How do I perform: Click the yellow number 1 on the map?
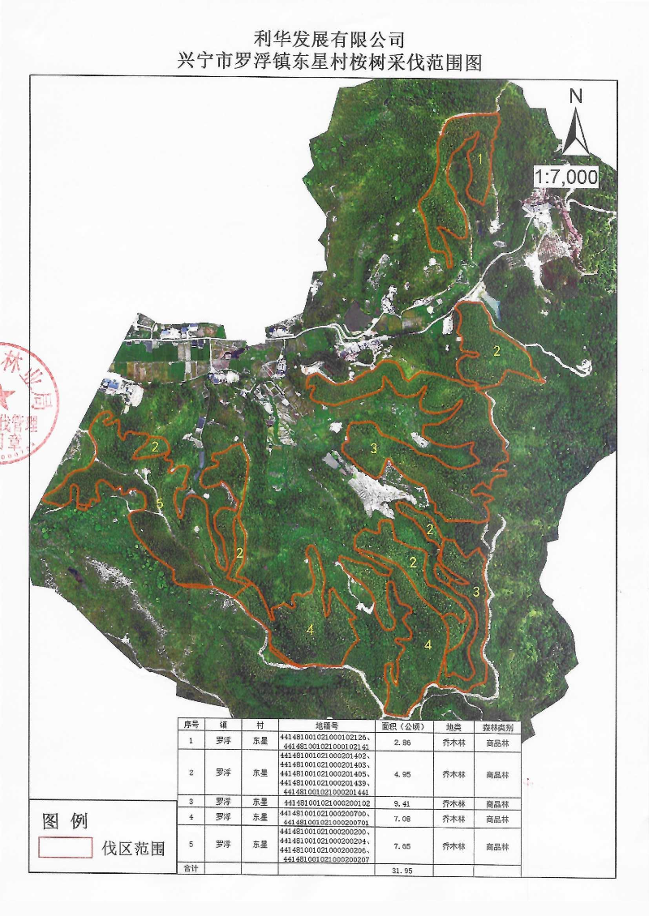point(479,160)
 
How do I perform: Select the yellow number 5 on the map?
point(160,504)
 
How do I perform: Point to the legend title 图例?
point(65,820)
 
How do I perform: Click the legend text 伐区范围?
point(133,849)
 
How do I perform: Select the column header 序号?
point(191,726)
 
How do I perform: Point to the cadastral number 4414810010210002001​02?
point(326,804)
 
